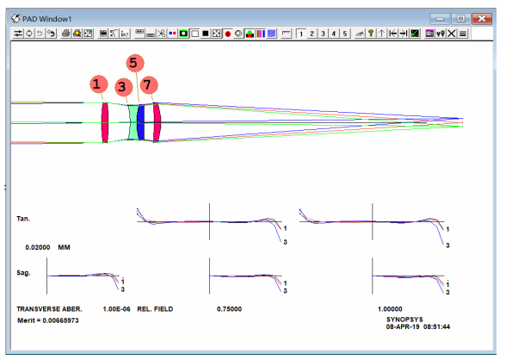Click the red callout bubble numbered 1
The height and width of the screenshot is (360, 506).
click(98, 84)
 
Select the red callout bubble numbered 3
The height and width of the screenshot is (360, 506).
click(124, 87)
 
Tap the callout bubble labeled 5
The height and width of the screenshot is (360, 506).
click(135, 63)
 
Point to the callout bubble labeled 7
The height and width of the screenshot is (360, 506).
click(149, 85)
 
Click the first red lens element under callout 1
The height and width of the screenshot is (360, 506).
click(105, 122)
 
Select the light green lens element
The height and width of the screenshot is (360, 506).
click(133, 122)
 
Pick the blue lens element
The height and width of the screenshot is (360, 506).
click(141, 122)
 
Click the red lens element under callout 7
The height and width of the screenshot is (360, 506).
click(157, 122)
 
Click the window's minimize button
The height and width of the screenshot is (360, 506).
click(440, 19)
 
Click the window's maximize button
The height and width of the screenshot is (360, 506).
click(461, 19)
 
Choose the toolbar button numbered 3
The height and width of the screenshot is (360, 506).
click(323, 34)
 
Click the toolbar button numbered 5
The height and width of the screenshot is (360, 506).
click(344, 34)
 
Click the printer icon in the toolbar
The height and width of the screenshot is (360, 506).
click(66, 34)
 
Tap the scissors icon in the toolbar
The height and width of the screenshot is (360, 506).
click(162, 34)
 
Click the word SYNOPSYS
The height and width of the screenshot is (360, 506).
click(404, 320)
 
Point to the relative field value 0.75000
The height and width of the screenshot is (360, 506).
click(229, 309)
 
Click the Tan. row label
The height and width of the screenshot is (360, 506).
click(23, 219)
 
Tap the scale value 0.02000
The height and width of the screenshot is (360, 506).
click(38, 247)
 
